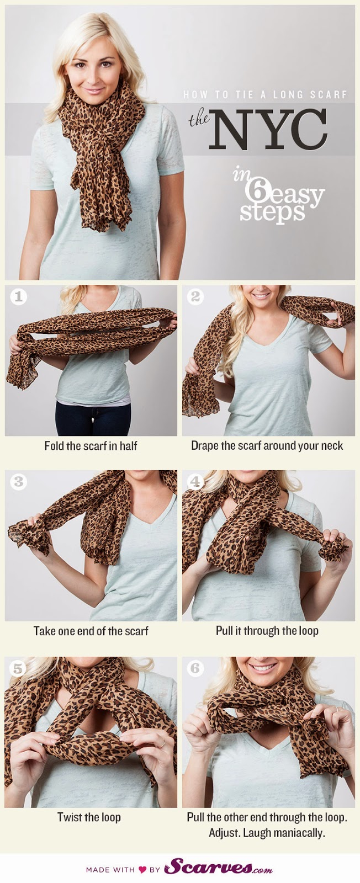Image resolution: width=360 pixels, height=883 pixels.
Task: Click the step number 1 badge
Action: click(x=19, y=297)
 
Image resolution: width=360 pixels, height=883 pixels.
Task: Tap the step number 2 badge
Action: click(x=195, y=297)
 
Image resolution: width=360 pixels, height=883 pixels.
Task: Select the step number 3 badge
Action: click(x=19, y=482)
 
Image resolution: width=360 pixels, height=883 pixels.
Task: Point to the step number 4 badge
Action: click(x=195, y=482)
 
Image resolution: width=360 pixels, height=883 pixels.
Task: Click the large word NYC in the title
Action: click(x=268, y=129)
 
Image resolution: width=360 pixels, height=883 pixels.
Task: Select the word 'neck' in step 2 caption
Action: click(x=331, y=446)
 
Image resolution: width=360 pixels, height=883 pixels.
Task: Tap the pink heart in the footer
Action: click(x=142, y=869)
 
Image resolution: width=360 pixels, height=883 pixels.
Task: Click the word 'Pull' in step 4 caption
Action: click(x=224, y=631)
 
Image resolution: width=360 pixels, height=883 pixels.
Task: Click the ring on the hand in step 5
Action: click(x=162, y=743)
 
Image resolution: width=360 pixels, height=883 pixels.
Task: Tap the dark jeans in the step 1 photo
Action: click(x=93, y=419)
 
